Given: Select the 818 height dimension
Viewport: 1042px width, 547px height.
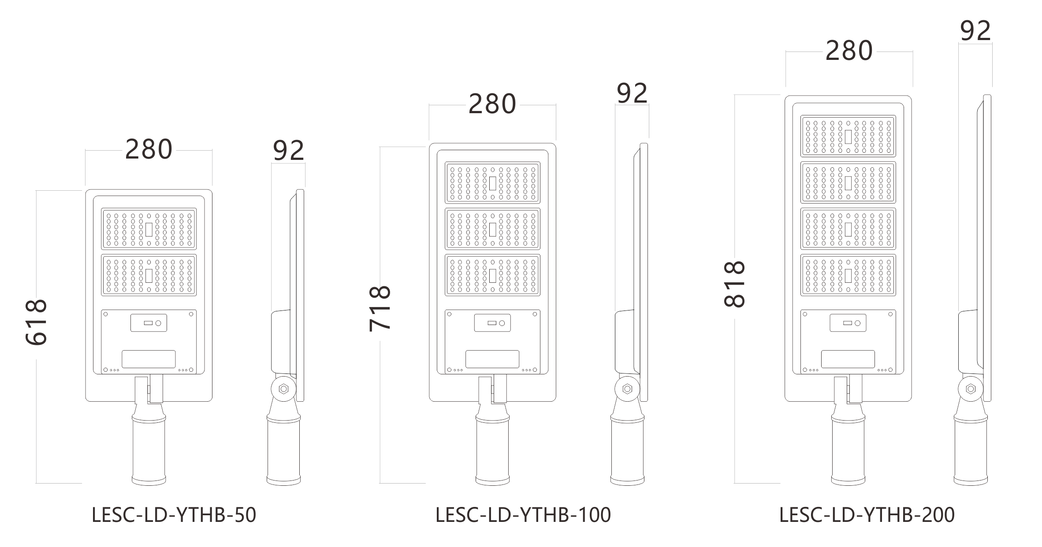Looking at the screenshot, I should pyautogui.click(x=735, y=284).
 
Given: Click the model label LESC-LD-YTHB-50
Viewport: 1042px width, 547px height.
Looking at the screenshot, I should pyautogui.click(x=174, y=515).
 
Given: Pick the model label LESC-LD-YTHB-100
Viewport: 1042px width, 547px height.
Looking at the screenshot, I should pyautogui.click(x=523, y=515).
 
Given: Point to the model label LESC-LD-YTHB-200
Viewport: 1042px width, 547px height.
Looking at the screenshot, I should pyautogui.click(x=867, y=515).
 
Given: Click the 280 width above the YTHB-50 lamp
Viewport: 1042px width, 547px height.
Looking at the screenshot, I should pyautogui.click(x=149, y=150).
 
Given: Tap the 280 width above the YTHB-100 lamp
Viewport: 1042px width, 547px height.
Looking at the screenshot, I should pyautogui.click(x=492, y=104).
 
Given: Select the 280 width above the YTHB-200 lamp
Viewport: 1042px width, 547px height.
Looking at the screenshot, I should pyautogui.click(x=849, y=51).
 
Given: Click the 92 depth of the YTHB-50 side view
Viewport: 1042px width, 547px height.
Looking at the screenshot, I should pyautogui.click(x=289, y=151).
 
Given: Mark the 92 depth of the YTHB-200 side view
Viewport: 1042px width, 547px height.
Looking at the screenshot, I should pyautogui.click(x=975, y=31).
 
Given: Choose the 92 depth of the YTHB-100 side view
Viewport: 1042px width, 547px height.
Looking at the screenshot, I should pyautogui.click(x=632, y=93).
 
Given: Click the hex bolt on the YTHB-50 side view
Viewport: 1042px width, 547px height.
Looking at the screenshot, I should pyautogui.click(x=283, y=389).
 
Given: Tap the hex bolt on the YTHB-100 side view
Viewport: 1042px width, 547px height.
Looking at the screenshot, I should pyautogui.click(x=627, y=389).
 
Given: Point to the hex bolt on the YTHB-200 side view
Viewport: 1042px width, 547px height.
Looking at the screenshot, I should pyautogui.click(x=970, y=389).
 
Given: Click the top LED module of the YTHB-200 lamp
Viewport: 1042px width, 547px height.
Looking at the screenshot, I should pyautogui.click(x=848, y=136).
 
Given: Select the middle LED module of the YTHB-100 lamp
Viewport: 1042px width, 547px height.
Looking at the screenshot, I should pyautogui.click(x=492, y=229).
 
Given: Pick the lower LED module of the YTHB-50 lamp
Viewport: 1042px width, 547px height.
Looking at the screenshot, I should pyautogui.click(x=149, y=275).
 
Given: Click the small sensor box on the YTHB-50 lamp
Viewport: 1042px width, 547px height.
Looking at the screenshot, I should pyautogui.click(x=149, y=323).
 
